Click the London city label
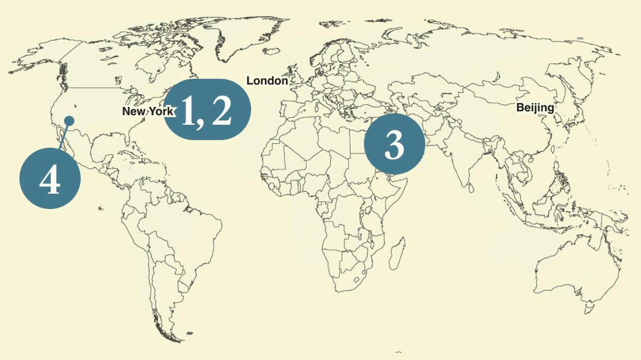coord(267,81)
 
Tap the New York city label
coord(148,111)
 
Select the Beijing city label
coord(535,107)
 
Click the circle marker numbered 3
coord(394,145)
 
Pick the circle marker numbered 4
coord(50,178)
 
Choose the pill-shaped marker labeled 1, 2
coord(207,109)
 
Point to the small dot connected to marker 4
coord(69,121)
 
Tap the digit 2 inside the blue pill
coord(220,110)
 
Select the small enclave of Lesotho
coord(355,279)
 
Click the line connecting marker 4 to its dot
coord(64,136)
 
